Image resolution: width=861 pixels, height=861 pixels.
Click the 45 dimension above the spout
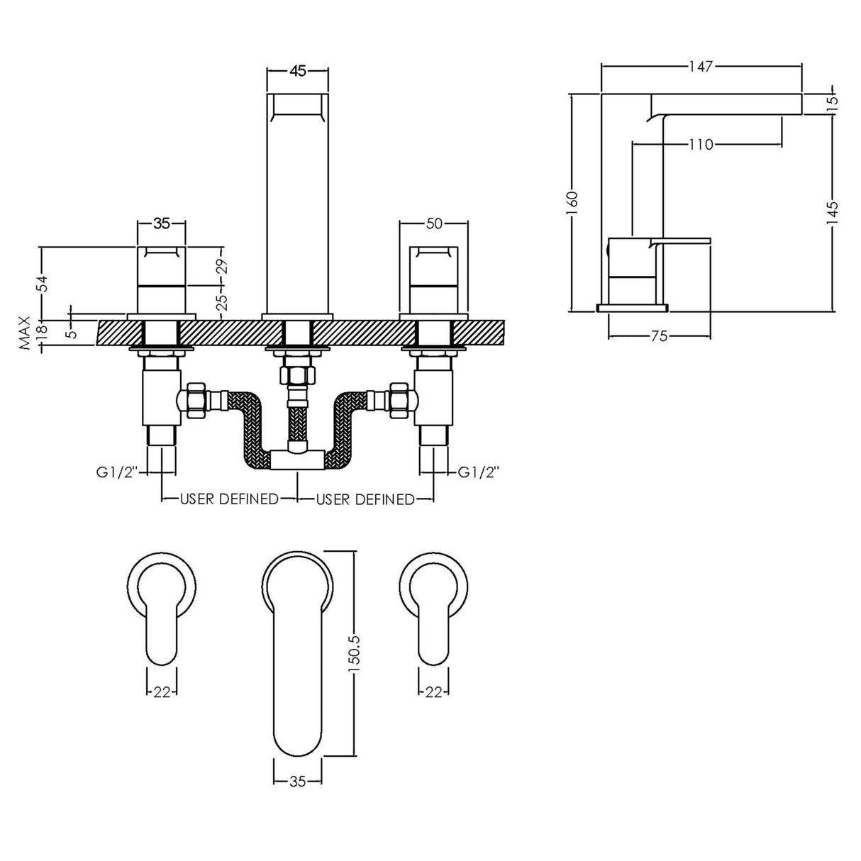pyautogui.click(x=297, y=70)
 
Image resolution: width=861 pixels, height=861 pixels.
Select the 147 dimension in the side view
pyautogui.click(x=701, y=67)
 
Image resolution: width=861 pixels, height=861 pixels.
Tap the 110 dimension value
pyautogui.click(x=700, y=145)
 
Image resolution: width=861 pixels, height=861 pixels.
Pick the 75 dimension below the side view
pyautogui.click(x=659, y=336)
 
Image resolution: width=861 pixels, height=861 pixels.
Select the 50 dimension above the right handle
pyautogui.click(x=434, y=224)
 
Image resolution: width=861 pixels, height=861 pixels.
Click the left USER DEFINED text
pyautogui.click(x=229, y=499)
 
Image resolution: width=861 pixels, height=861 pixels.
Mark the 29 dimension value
pyautogui.click(x=222, y=267)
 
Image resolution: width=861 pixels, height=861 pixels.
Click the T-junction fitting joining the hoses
pyautogui.click(x=296, y=459)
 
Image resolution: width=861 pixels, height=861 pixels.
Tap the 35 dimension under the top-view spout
pyautogui.click(x=297, y=782)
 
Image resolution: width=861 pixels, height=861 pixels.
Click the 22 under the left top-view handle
pyautogui.click(x=162, y=692)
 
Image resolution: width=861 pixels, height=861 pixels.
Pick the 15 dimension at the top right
pyautogui.click(x=833, y=100)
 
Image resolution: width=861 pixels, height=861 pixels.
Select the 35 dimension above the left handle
pyautogui.click(x=162, y=224)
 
